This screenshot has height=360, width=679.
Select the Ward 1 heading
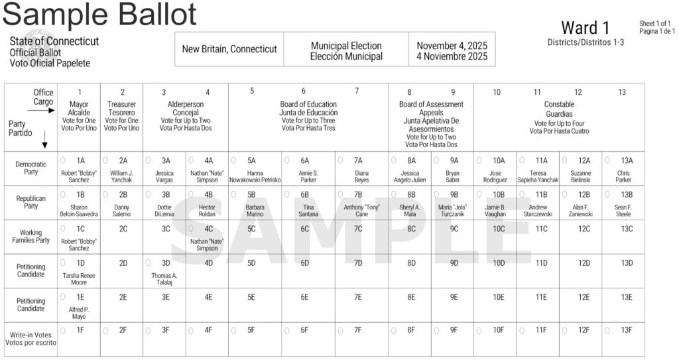(585, 28)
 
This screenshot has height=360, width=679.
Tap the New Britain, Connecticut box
(229, 49)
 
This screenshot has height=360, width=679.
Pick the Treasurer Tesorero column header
(122, 112)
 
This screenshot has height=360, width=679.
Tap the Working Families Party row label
(31, 236)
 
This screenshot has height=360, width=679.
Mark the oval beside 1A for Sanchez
(63, 160)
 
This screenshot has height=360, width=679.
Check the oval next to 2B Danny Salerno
(105, 194)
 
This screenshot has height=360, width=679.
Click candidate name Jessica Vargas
(164, 176)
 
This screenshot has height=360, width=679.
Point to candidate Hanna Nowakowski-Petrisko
(255, 176)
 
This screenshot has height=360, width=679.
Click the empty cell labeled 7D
(358, 263)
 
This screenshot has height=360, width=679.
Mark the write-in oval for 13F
(607, 330)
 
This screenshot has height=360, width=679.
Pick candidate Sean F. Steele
(623, 211)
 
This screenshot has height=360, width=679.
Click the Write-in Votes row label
(31, 338)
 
